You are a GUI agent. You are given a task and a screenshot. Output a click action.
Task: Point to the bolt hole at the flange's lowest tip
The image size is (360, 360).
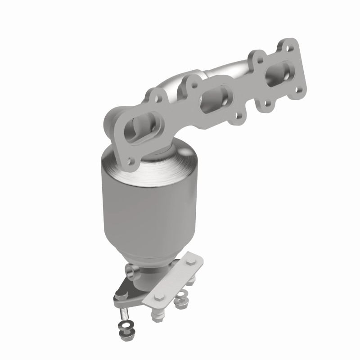click(x=130, y=161)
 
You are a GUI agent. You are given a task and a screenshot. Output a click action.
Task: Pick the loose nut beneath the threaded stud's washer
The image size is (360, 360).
click(x=122, y=335)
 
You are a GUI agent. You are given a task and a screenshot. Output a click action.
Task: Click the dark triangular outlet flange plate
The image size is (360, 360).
click(x=135, y=292)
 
